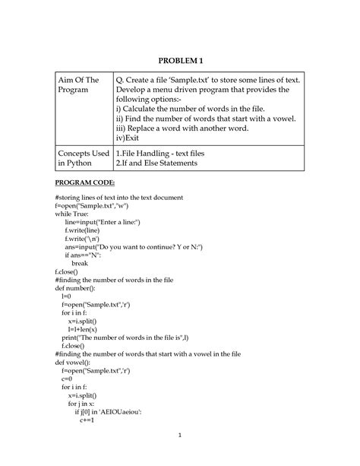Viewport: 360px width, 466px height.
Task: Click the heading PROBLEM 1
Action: click(x=180, y=60)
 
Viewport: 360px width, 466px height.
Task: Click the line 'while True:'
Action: click(x=72, y=214)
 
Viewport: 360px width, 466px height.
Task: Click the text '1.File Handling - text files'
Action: click(x=160, y=153)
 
